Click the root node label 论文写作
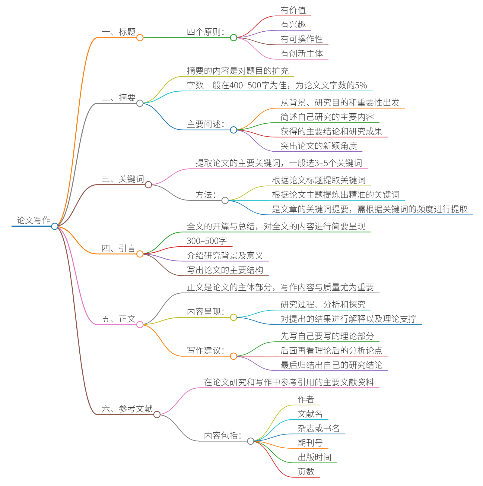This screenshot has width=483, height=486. (33, 220)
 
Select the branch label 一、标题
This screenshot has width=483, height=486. (119, 32)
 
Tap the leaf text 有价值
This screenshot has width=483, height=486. (293, 10)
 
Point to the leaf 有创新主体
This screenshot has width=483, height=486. (301, 54)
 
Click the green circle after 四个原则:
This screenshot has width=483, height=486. (234, 38)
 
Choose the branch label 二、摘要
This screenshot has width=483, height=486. (119, 98)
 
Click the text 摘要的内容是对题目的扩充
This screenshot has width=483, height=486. (238, 71)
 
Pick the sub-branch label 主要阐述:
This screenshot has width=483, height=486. (206, 124)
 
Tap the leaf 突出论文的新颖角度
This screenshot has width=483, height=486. (319, 146)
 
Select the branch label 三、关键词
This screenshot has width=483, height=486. (123, 179)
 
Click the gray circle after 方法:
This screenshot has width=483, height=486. (225, 200)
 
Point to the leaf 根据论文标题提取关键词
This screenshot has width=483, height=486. (319, 180)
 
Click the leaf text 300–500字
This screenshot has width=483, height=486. (207, 241)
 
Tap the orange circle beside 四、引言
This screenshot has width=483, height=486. (140, 254)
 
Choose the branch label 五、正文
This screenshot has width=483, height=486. (119, 319)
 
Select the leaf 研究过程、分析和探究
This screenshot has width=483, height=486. (323, 305)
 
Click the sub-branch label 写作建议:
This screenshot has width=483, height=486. (206, 351)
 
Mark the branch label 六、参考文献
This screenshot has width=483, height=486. (127, 409)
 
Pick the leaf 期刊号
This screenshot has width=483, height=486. (310, 443)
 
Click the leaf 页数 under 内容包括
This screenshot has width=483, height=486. (306, 472)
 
